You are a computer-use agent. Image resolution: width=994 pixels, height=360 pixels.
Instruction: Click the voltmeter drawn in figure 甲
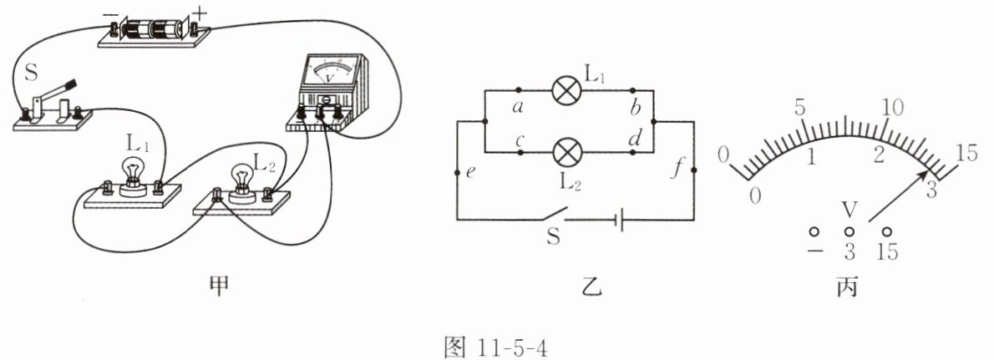click(325, 89)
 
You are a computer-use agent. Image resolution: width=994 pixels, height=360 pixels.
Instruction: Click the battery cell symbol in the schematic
click(618, 221)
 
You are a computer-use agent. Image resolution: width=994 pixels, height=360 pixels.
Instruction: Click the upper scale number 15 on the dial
click(967, 153)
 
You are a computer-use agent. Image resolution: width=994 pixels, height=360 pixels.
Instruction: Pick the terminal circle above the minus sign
click(813, 231)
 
